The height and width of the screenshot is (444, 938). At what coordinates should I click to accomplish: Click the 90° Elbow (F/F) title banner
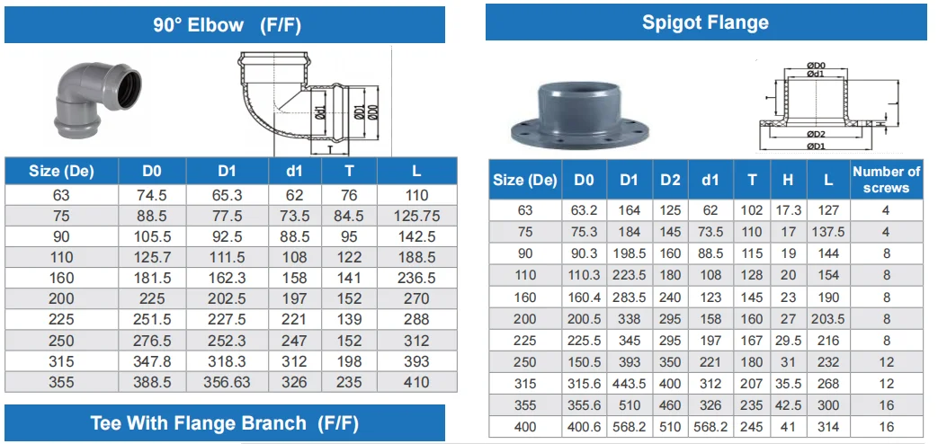[224, 24]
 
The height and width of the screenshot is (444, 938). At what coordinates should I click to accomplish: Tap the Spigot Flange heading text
[705, 22]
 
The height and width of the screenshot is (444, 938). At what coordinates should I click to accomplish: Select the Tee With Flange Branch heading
[224, 423]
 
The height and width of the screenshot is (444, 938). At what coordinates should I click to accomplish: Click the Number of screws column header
[886, 179]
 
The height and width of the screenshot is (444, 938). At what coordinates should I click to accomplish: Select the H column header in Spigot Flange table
[788, 179]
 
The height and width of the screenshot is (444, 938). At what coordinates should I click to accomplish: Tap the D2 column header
[670, 179]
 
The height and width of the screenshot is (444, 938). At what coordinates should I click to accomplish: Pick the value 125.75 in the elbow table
[416, 216]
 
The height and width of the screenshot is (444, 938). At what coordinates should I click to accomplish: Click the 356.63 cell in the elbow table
[227, 382]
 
